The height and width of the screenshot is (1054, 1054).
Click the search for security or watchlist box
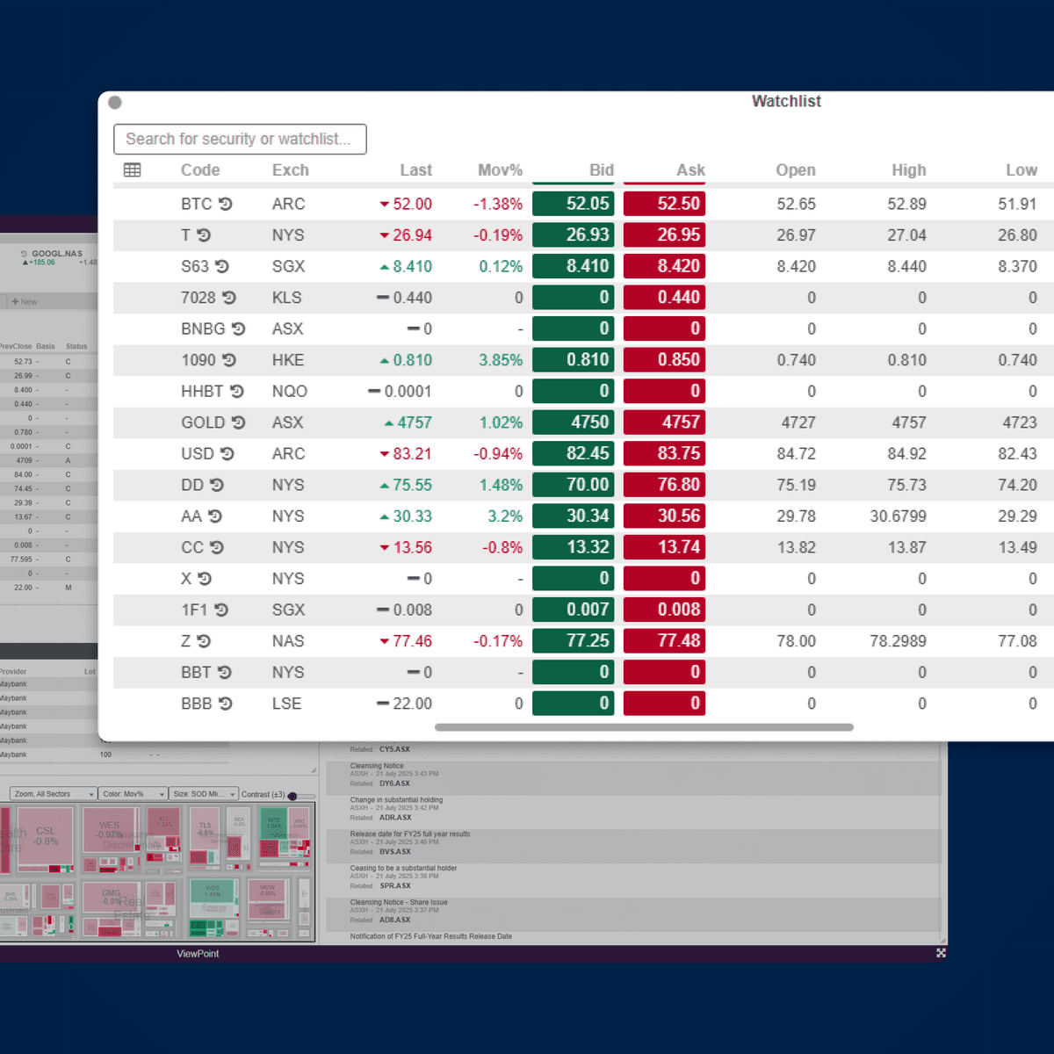[x=239, y=139]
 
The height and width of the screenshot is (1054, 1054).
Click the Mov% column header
[x=500, y=170]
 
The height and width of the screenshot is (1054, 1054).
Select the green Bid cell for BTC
[x=573, y=204]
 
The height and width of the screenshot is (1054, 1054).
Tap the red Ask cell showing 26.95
[x=664, y=235]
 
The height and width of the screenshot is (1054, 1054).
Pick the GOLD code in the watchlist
[x=203, y=422]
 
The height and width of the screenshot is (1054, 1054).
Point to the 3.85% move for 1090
[x=501, y=360]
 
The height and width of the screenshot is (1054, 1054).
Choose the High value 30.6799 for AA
[x=898, y=516]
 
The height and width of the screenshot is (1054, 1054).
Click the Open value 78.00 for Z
[x=796, y=641]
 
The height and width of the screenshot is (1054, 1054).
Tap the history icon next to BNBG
[x=238, y=328]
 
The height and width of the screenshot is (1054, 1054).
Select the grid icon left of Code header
[x=133, y=170]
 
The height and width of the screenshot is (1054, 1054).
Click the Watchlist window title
[x=786, y=102]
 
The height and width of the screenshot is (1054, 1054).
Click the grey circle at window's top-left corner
[x=115, y=103]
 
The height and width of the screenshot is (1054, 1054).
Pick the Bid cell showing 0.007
[x=573, y=610]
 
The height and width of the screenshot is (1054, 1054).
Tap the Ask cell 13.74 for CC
[x=664, y=547]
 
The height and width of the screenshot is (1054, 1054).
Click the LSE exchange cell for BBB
[x=287, y=704]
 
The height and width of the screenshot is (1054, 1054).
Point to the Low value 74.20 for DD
[x=1017, y=485]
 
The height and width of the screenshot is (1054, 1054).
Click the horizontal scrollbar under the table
[x=644, y=727]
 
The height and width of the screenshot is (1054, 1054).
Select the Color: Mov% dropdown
[x=132, y=794]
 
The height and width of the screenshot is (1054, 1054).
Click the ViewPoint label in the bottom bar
[x=198, y=954]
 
